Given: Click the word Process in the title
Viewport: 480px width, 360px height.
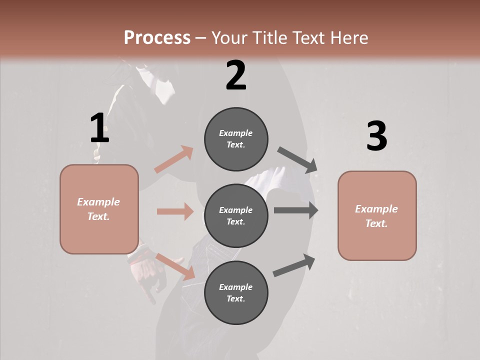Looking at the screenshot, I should (157, 38).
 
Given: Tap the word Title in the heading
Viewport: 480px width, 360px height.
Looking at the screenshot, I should (269, 38).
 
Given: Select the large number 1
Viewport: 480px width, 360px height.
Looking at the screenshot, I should (99, 128).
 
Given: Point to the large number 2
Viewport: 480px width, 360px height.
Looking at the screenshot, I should (236, 75).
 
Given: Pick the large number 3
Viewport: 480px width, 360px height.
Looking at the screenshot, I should (376, 136).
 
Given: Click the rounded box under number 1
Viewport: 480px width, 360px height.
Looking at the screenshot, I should (99, 209).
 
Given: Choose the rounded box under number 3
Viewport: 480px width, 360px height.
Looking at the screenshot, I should (377, 216).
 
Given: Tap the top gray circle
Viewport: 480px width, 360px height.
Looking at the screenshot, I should (236, 139).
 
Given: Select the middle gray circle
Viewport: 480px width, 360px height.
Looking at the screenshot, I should (236, 216).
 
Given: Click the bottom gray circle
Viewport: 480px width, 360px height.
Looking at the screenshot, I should (236, 293).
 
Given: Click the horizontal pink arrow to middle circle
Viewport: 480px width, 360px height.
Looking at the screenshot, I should (175, 211).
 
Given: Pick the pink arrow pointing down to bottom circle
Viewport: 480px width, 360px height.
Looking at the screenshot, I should (175, 266).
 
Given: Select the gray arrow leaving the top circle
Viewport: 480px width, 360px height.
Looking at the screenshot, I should (297, 160).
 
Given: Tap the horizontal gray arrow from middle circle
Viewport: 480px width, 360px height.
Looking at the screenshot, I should (296, 210).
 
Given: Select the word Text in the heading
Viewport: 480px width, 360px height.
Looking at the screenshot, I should (310, 38).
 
